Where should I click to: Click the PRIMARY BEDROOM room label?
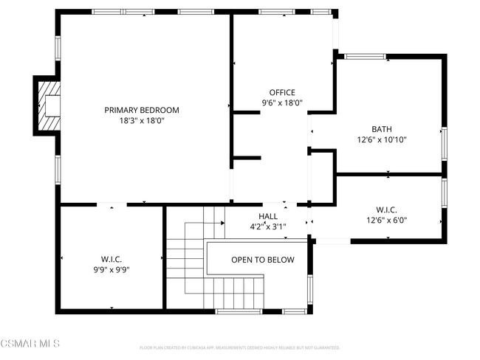[141, 110]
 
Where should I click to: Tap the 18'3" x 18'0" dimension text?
[141, 120]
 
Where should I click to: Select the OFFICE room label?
[282, 92]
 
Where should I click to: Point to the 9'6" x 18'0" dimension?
[282, 103]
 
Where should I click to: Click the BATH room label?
[382, 128]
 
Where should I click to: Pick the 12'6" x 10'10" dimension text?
[382, 139]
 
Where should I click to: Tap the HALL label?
[267, 216]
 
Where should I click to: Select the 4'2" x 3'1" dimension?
[267, 226]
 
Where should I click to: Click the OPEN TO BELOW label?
[262, 260]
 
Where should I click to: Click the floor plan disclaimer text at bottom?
[239, 347]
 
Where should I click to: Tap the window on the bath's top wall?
[363, 55]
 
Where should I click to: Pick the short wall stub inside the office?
[246, 157]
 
